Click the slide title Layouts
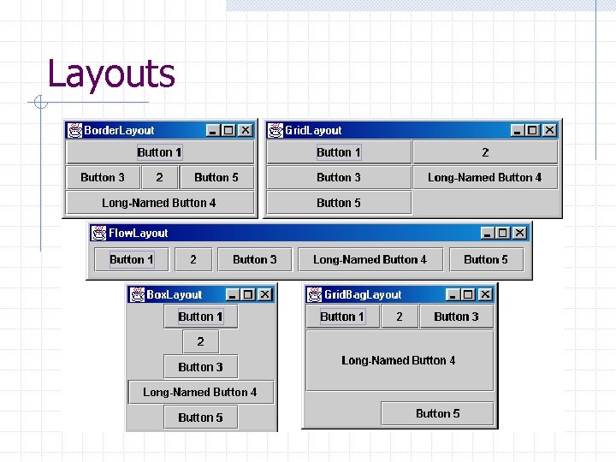(x=111, y=74)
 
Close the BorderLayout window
(x=245, y=130)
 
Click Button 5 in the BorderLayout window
(x=216, y=177)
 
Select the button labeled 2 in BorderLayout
(x=159, y=177)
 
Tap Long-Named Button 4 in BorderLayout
(x=159, y=203)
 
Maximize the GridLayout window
(x=532, y=130)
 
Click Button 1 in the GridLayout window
(x=339, y=152)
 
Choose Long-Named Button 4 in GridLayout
(x=485, y=177)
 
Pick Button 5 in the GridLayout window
(x=339, y=203)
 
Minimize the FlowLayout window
(x=487, y=233)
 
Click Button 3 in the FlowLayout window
(x=255, y=259)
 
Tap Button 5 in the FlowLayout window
(x=486, y=259)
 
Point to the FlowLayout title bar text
(x=138, y=233)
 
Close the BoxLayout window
(x=264, y=294)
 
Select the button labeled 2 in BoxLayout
(x=200, y=341)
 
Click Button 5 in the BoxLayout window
(x=200, y=418)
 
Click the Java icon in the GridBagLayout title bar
(x=314, y=294)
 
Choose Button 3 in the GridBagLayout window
(x=457, y=317)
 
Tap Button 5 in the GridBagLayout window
(x=438, y=413)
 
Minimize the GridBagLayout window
(x=453, y=294)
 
